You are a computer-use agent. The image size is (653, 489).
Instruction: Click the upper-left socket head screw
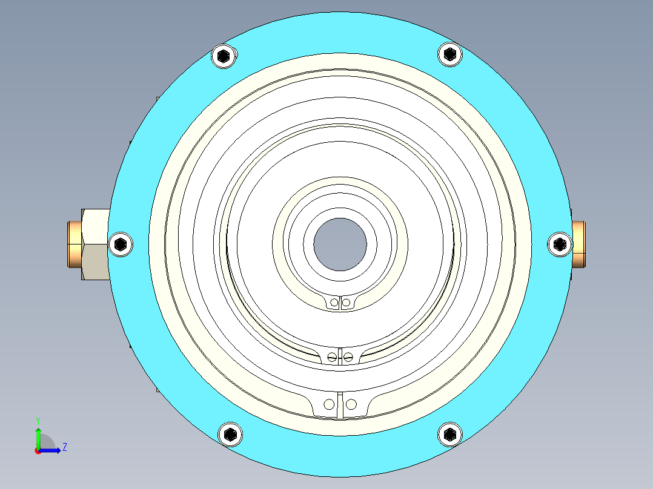pos(224,57)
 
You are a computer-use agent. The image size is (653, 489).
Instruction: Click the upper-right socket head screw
pos(449,54)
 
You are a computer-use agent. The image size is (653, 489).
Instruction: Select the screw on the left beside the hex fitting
pos(121,244)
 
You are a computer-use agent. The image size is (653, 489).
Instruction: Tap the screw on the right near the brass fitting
pos(559,244)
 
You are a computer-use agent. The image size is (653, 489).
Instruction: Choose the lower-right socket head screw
pos(449,434)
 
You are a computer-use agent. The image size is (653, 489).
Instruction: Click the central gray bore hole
pos(340,244)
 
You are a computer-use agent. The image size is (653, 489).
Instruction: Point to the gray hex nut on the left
pos(95,244)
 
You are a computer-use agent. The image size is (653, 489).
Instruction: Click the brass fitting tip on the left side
pos(74,244)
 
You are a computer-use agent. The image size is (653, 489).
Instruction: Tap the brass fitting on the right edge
pos(579,244)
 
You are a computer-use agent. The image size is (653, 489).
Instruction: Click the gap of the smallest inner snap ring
pos(340,303)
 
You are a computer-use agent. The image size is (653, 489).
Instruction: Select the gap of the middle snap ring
pos(340,356)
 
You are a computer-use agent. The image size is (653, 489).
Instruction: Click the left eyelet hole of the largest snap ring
pos(329,404)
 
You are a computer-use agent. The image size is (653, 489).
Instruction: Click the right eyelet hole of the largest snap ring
pos(351,404)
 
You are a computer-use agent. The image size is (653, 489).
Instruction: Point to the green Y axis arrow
pos(38,436)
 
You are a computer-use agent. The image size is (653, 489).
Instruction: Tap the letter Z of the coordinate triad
pos(64,447)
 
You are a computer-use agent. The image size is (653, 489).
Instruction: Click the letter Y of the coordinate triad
pos(38,420)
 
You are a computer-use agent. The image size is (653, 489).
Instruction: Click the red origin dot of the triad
pos(38,450)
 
